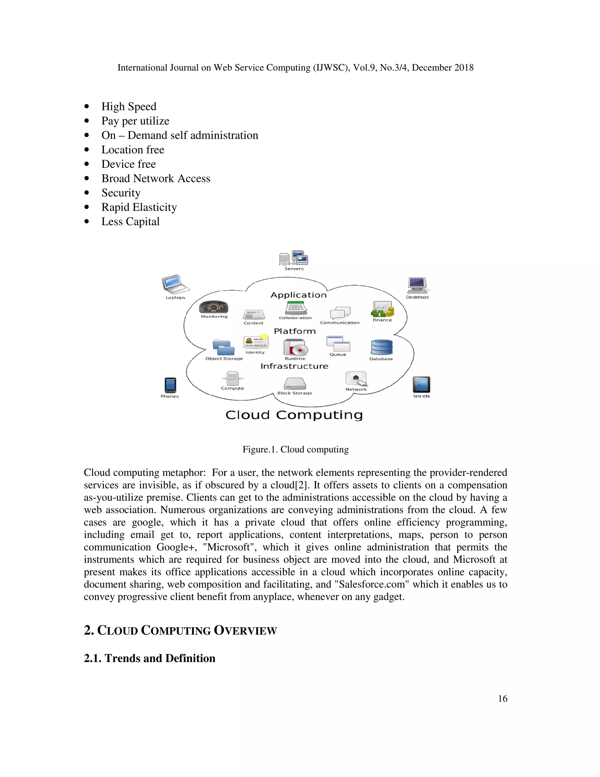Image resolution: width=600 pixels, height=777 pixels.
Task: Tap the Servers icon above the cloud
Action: pos(294,258)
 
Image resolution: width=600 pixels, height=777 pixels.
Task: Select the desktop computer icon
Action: pos(417,285)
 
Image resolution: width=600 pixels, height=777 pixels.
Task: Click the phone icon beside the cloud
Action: pos(170,385)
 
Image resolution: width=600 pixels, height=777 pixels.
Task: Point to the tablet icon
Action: pos(421,385)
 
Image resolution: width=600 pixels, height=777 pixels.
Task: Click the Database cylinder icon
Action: pos(382,347)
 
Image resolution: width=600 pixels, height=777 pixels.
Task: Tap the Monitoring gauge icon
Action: pos(213,307)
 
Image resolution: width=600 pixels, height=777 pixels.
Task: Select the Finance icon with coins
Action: pos(382,309)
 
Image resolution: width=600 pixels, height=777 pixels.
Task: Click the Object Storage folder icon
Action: pos(223,347)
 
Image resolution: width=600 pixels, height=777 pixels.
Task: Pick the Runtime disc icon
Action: pos(295,347)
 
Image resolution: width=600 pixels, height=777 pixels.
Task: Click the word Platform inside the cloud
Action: pos(295,331)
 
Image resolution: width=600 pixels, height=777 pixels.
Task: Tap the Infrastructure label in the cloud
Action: pos(294,366)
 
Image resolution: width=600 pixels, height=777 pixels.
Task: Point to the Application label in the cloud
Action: pos(298,295)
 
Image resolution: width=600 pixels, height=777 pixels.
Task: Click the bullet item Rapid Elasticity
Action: pos(139,207)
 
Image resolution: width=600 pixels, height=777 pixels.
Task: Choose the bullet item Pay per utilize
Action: pos(135,121)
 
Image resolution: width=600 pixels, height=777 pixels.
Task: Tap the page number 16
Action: pos(502,698)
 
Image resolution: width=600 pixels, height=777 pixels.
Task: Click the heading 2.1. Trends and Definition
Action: pos(150,658)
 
